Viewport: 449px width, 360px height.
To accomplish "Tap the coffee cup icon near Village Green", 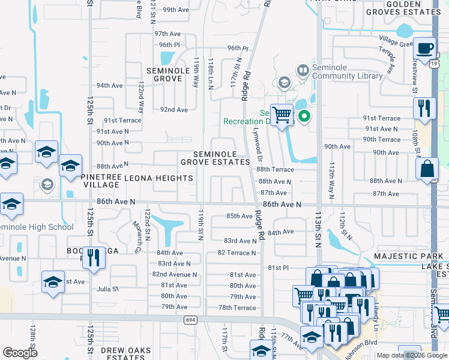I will [x=426, y=47].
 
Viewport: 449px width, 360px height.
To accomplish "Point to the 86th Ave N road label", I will [x=281, y=205].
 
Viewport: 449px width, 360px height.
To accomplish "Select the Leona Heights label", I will [x=159, y=178].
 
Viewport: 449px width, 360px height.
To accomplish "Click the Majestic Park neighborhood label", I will [x=408, y=256].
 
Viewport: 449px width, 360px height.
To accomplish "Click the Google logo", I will [x=20, y=353].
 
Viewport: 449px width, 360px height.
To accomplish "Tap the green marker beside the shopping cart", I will [x=304, y=116].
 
